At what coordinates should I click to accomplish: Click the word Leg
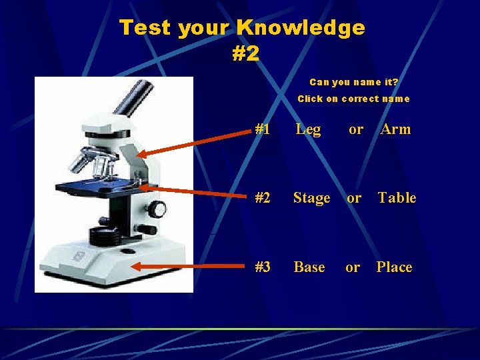pyautogui.click(x=308, y=129)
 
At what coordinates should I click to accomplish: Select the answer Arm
pyautogui.click(x=395, y=129)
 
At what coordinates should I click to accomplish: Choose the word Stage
pyautogui.click(x=311, y=198)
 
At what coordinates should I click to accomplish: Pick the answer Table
pyautogui.click(x=397, y=198)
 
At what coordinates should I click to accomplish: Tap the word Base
pyautogui.click(x=309, y=267)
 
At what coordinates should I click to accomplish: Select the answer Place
pyautogui.click(x=394, y=267)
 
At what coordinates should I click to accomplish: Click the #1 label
pyautogui.click(x=262, y=129)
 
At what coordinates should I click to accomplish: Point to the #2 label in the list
pyautogui.click(x=262, y=198)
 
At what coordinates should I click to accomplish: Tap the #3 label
pyautogui.click(x=262, y=267)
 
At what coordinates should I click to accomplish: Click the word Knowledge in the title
pyautogui.click(x=301, y=28)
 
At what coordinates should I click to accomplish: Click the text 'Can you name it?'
pyautogui.click(x=353, y=82)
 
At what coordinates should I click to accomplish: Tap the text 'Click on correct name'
pyautogui.click(x=353, y=99)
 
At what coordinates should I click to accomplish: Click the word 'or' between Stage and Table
pyautogui.click(x=354, y=198)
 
